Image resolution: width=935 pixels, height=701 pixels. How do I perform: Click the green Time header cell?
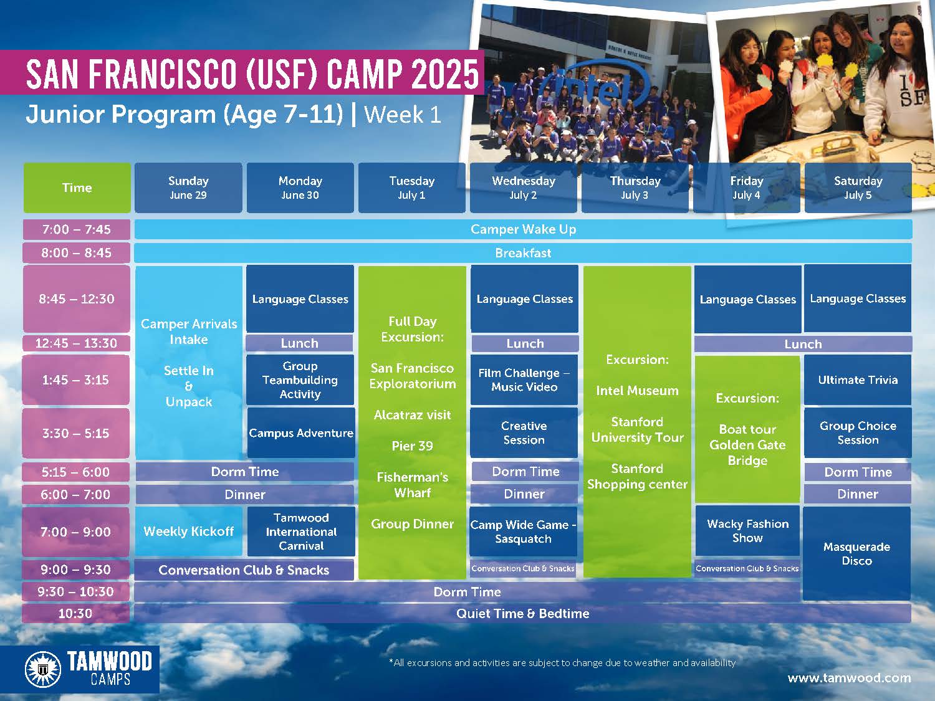click(77, 188)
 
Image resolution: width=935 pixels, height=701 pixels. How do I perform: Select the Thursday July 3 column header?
click(635, 188)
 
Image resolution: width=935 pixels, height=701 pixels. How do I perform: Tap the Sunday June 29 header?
click(188, 188)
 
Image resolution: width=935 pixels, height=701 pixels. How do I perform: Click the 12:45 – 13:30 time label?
click(76, 343)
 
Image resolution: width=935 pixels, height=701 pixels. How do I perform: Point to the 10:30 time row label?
click(76, 613)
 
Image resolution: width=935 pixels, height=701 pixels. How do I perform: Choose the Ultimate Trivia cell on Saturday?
click(858, 379)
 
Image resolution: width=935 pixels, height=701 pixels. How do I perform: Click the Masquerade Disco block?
click(856, 553)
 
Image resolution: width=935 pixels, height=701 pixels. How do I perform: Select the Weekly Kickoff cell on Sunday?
click(189, 531)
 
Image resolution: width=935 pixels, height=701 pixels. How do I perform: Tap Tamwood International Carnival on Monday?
click(301, 531)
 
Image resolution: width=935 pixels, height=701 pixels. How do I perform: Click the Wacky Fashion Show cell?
click(747, 531)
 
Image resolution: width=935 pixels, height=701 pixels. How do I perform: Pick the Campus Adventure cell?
click(301, 433)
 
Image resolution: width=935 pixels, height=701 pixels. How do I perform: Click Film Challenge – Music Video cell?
click(524, 379)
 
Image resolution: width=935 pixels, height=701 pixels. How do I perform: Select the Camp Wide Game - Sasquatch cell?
click(523, 532)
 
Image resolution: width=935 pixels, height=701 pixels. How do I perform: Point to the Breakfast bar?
click(523, 253)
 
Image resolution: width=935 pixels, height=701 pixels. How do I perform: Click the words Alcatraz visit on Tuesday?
click(413, 415)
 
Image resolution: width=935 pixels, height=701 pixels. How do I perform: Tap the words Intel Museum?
click(637, 390)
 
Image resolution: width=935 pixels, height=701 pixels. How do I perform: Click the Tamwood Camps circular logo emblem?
click(43, 669)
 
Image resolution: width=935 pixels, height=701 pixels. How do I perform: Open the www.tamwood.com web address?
click(850, 677)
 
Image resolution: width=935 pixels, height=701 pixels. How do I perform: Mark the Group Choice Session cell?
click(858, 433)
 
